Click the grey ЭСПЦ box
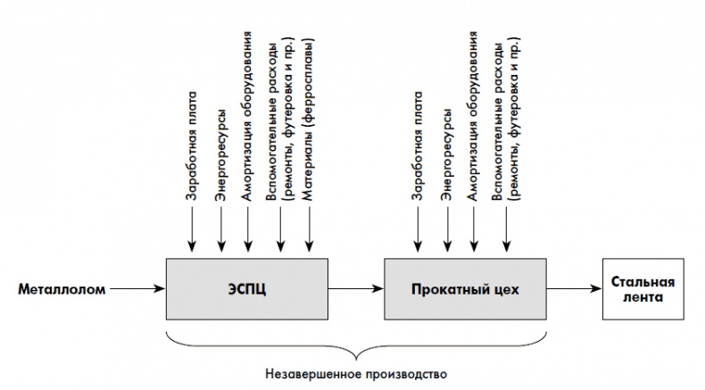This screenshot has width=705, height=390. tap(247, 289)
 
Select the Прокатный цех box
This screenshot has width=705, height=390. tap(464, 289)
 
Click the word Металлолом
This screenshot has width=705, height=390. tap(62, 289)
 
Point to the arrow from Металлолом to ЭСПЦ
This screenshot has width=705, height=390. tap(139, 289)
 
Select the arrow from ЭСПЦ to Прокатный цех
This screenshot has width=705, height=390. tap(355, 289)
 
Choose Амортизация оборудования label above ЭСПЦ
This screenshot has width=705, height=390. tap(250, 120)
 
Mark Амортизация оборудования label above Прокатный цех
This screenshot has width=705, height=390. tap(474, 120)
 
